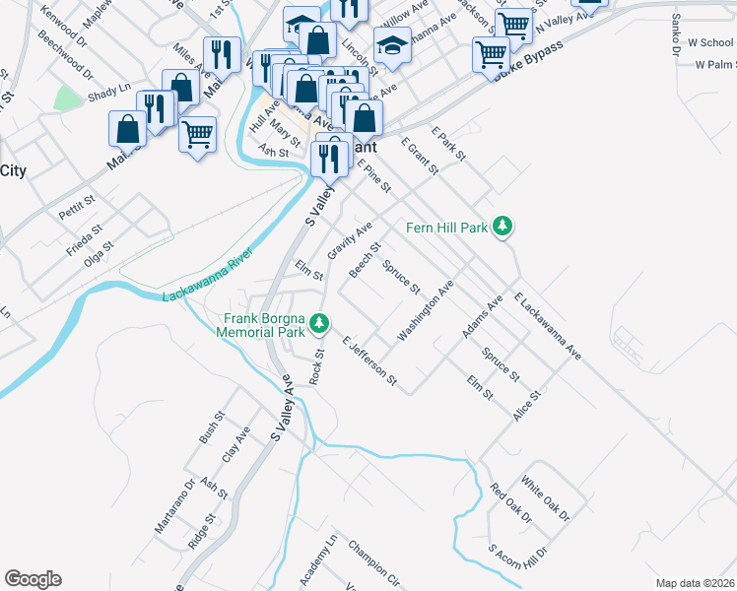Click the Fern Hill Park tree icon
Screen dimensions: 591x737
(503, 228)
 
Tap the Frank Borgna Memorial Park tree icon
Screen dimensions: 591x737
(318, 323)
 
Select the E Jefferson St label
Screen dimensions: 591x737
(369, 361)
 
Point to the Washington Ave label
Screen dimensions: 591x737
(426, 312)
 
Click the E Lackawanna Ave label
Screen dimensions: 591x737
(548, 326)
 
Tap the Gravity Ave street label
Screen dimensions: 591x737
(350, 241)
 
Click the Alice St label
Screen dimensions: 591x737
(527, 406)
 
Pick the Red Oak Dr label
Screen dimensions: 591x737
(510, 503)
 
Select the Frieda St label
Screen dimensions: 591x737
(84, 241)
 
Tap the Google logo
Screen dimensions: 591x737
(33, 579)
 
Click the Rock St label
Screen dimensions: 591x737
(316, 366)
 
